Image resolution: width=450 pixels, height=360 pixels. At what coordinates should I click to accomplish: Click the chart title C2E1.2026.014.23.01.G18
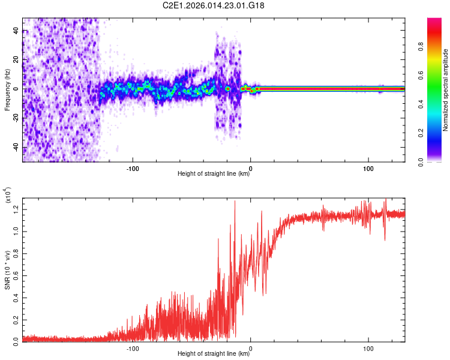[x=214, y=5]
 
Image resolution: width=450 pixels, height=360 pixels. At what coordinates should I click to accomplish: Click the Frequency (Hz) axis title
[x=7, y=90]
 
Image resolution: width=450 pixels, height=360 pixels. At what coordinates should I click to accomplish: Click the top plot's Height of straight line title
[x=214, y=174]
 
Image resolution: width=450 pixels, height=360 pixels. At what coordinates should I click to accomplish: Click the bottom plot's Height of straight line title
[x=214, y=354]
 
